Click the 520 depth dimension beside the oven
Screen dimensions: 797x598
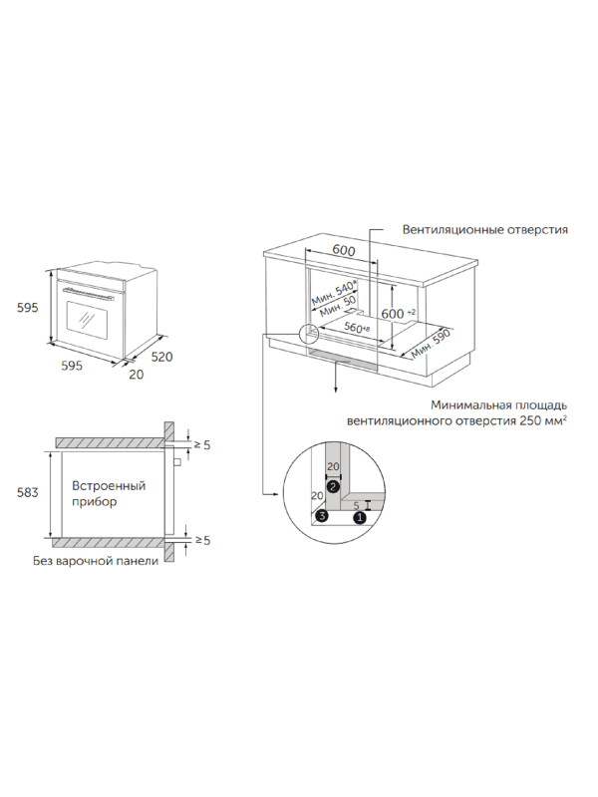point(163,356)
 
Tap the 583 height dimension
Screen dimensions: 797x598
point(28,492)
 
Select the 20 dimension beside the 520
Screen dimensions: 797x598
point(137,374)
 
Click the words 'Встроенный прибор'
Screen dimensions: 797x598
point(109,494)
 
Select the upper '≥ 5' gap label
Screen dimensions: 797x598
point(201,444)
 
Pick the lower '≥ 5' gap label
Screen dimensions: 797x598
point(201,540)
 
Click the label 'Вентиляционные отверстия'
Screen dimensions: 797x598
point(484,229)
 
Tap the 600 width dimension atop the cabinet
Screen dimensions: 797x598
point(343,250)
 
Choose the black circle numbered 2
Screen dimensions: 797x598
point(333,484)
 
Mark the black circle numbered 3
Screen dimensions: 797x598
point(322,516)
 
